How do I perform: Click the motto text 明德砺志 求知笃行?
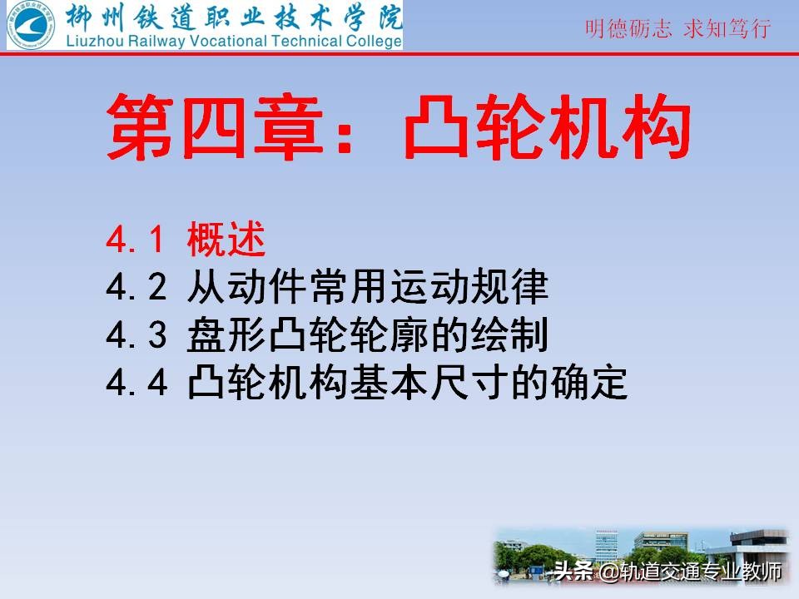click(x=678, y=28)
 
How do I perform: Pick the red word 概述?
click(x=226, y=241)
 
